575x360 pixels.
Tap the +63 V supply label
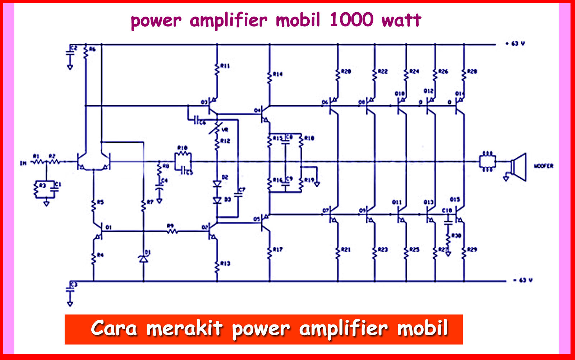click(515, 43)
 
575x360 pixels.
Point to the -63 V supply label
click(523, 280)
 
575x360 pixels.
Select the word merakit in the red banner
click(184, 328)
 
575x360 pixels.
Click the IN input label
click(23, 163)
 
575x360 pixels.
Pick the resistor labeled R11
click(217, 69)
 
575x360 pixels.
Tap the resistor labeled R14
click(270, 78)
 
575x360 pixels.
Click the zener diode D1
click(143, 258)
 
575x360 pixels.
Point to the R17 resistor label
click(278, 249)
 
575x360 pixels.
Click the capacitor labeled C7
click(238, 194)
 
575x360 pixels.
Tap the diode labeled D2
click(217, 184)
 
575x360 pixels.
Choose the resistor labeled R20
click(338, 75)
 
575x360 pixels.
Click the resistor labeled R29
click(464, 253)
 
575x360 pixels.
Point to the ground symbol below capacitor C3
click(70, 304)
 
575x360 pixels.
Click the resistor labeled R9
click(172, 231)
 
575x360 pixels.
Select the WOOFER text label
click(543, 166)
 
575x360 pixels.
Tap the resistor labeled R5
click(93, 206)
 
